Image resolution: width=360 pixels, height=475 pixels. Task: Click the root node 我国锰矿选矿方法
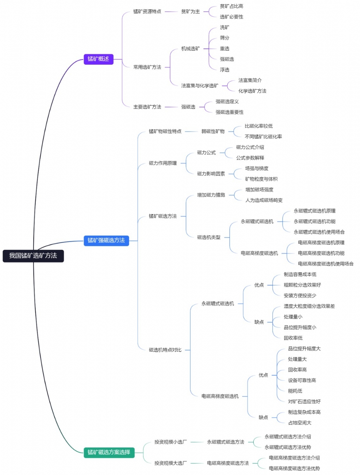33,256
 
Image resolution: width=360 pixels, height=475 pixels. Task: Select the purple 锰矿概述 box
98,59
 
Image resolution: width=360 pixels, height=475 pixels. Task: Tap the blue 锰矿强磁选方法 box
106,240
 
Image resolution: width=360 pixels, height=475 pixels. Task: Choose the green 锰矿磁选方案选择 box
109,452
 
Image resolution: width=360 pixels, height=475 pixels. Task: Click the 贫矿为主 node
191,12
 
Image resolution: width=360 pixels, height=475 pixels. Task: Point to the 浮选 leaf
225,70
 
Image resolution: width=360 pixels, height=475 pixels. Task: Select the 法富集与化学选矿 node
200,86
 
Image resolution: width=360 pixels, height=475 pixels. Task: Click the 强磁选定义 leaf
227,102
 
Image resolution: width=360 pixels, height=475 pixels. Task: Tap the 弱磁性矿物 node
213,132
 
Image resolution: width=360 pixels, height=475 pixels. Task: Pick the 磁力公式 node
206,153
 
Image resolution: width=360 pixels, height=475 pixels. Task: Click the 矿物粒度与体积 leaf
261,179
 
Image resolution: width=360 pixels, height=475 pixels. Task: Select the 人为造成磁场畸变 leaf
264,200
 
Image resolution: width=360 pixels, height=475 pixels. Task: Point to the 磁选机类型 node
209,237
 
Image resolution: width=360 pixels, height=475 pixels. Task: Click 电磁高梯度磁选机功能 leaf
321,253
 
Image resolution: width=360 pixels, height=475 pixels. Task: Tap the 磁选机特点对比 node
165,350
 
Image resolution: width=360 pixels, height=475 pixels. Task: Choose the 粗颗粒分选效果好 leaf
302,285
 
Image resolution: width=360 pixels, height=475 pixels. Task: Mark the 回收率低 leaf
293,338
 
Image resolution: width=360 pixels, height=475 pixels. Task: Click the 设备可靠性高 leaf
302,380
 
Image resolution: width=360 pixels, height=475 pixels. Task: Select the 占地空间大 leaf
300,423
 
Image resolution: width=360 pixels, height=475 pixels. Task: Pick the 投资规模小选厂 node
171,442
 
